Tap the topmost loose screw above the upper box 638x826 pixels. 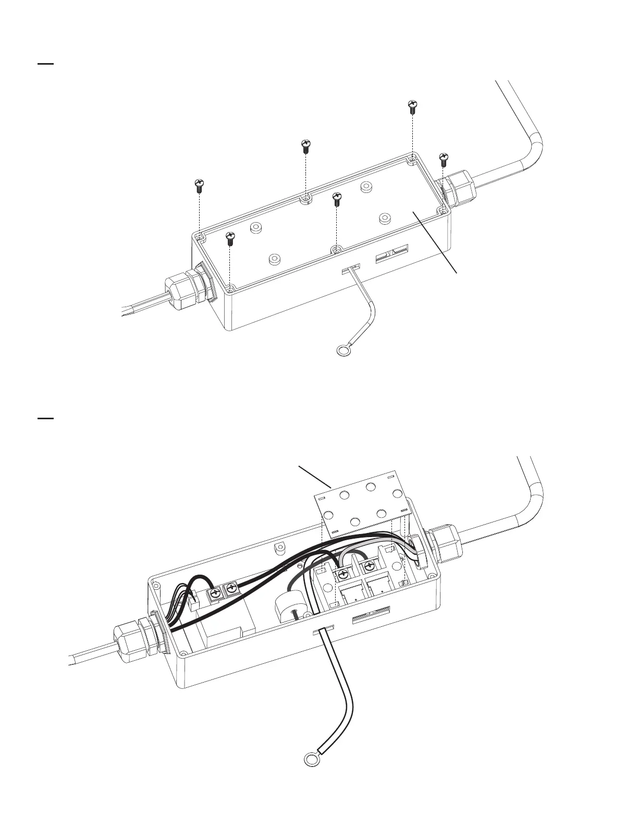[412, 107]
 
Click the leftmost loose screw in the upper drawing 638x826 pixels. [199, 186]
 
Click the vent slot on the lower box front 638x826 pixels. [371, 618]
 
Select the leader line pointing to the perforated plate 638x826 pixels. [315, 475]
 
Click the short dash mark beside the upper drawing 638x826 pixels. [46, 64]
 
